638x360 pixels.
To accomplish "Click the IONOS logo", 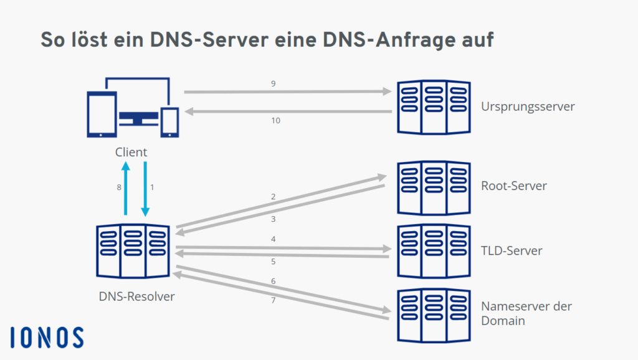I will (x=47, y=337).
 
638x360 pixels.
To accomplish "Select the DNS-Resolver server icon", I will (x=133, y=251).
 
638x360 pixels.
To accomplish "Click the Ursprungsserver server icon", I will (x=434, y=107).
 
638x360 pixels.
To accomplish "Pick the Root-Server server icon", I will (x=434, y=187).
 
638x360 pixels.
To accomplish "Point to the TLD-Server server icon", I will (x=434, y=251).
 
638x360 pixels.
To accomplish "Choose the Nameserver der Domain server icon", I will (x=434, y=315).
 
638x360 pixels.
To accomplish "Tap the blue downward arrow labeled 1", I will (x=145, y=188).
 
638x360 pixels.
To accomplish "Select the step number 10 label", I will (x=275, y=121).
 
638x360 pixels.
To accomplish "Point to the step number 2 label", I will (x=273, y=197).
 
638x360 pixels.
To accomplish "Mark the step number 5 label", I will (x=273, y=262).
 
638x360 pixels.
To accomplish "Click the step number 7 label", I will (x=273, y=301).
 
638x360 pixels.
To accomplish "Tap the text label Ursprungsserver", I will (x=528, y=107).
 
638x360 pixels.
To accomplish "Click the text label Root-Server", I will (x=514, y=186).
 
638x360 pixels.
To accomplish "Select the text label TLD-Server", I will (x=512, y=251).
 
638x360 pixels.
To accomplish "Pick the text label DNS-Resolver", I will (x=136, y=296).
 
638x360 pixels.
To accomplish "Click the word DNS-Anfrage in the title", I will (x=395, y=40).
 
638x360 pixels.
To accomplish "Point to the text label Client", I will (x=131, y=152).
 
